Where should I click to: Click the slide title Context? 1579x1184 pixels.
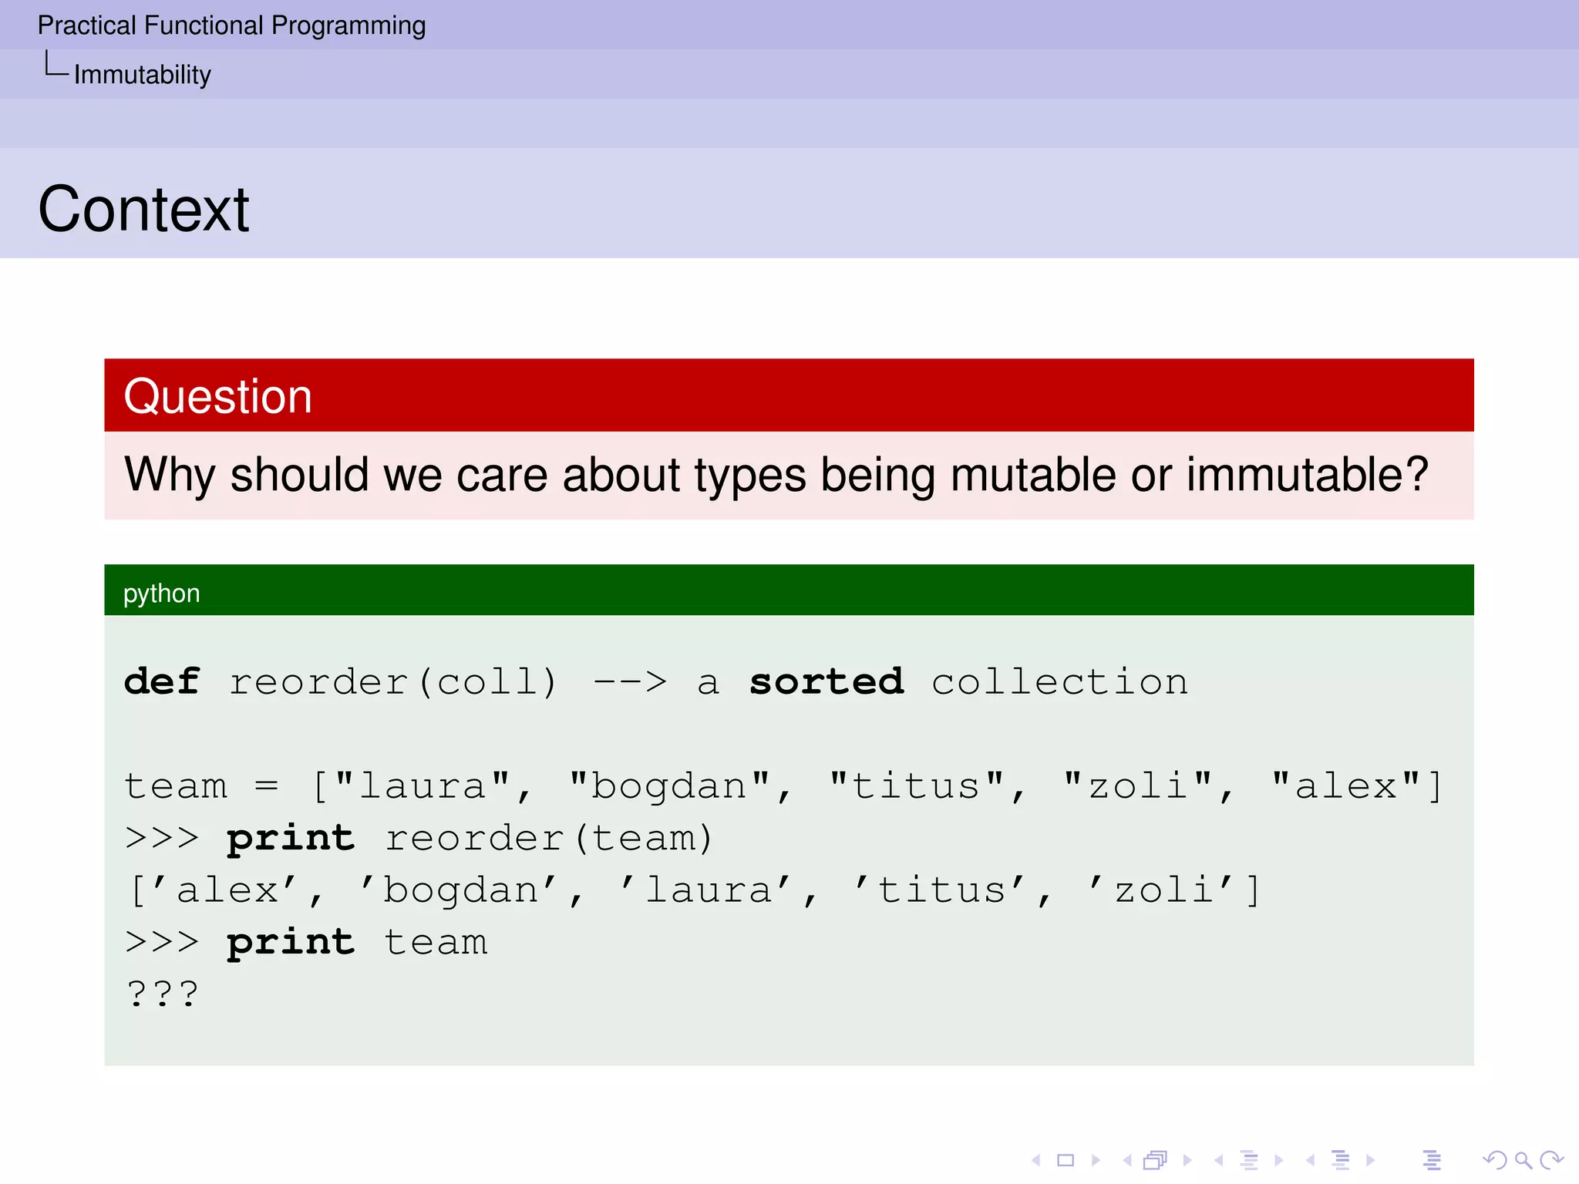click(x=143, y=209)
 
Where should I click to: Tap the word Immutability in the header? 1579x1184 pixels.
click(x=142, y=75)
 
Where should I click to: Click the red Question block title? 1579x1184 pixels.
click(x=218, y=396)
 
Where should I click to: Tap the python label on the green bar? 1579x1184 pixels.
click(x=161, y=593)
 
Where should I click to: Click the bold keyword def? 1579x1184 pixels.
click(x=162, y=681)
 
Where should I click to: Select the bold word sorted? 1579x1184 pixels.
click(x=826, y=681)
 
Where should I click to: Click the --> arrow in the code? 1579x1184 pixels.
click(x=630, y=681)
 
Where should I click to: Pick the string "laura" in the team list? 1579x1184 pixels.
click(x=423, y=786)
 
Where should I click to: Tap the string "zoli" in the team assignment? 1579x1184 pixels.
click(x=1137, y=786)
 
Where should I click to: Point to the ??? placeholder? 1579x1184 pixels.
click(x=163, y=994)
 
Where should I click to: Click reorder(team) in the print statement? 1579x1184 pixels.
click(x=549, y=838)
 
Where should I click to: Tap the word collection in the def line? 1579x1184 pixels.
click(x=1059, y=681)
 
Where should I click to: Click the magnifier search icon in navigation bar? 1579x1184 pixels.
click(x=1522, y=1159)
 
